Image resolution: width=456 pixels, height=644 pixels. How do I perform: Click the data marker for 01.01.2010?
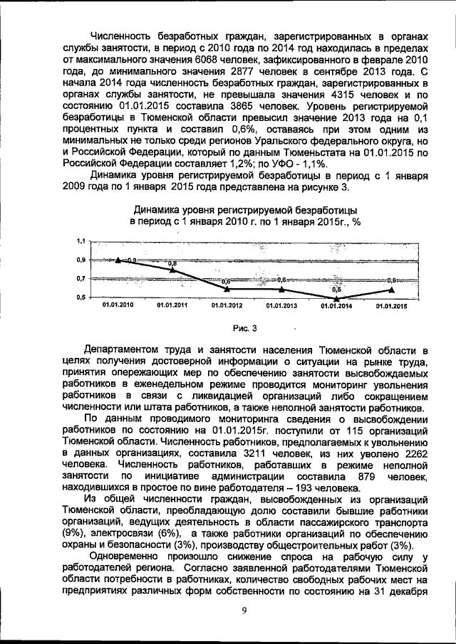coord(118,260)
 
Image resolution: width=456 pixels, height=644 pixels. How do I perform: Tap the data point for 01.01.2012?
coord(227,288)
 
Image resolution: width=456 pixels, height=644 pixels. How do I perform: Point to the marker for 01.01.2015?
coord(390,288)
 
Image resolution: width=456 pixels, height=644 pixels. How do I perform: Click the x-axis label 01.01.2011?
coord(172,305)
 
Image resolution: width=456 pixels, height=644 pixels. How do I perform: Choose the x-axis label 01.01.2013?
coord(281,305)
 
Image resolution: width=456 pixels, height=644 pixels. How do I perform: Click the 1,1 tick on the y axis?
coord(80,242)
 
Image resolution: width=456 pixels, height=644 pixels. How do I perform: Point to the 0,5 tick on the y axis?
coord(80,297)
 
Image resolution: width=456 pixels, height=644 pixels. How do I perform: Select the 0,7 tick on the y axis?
coord(80,278)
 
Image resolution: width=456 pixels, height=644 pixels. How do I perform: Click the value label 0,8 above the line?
coord(172,264)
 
